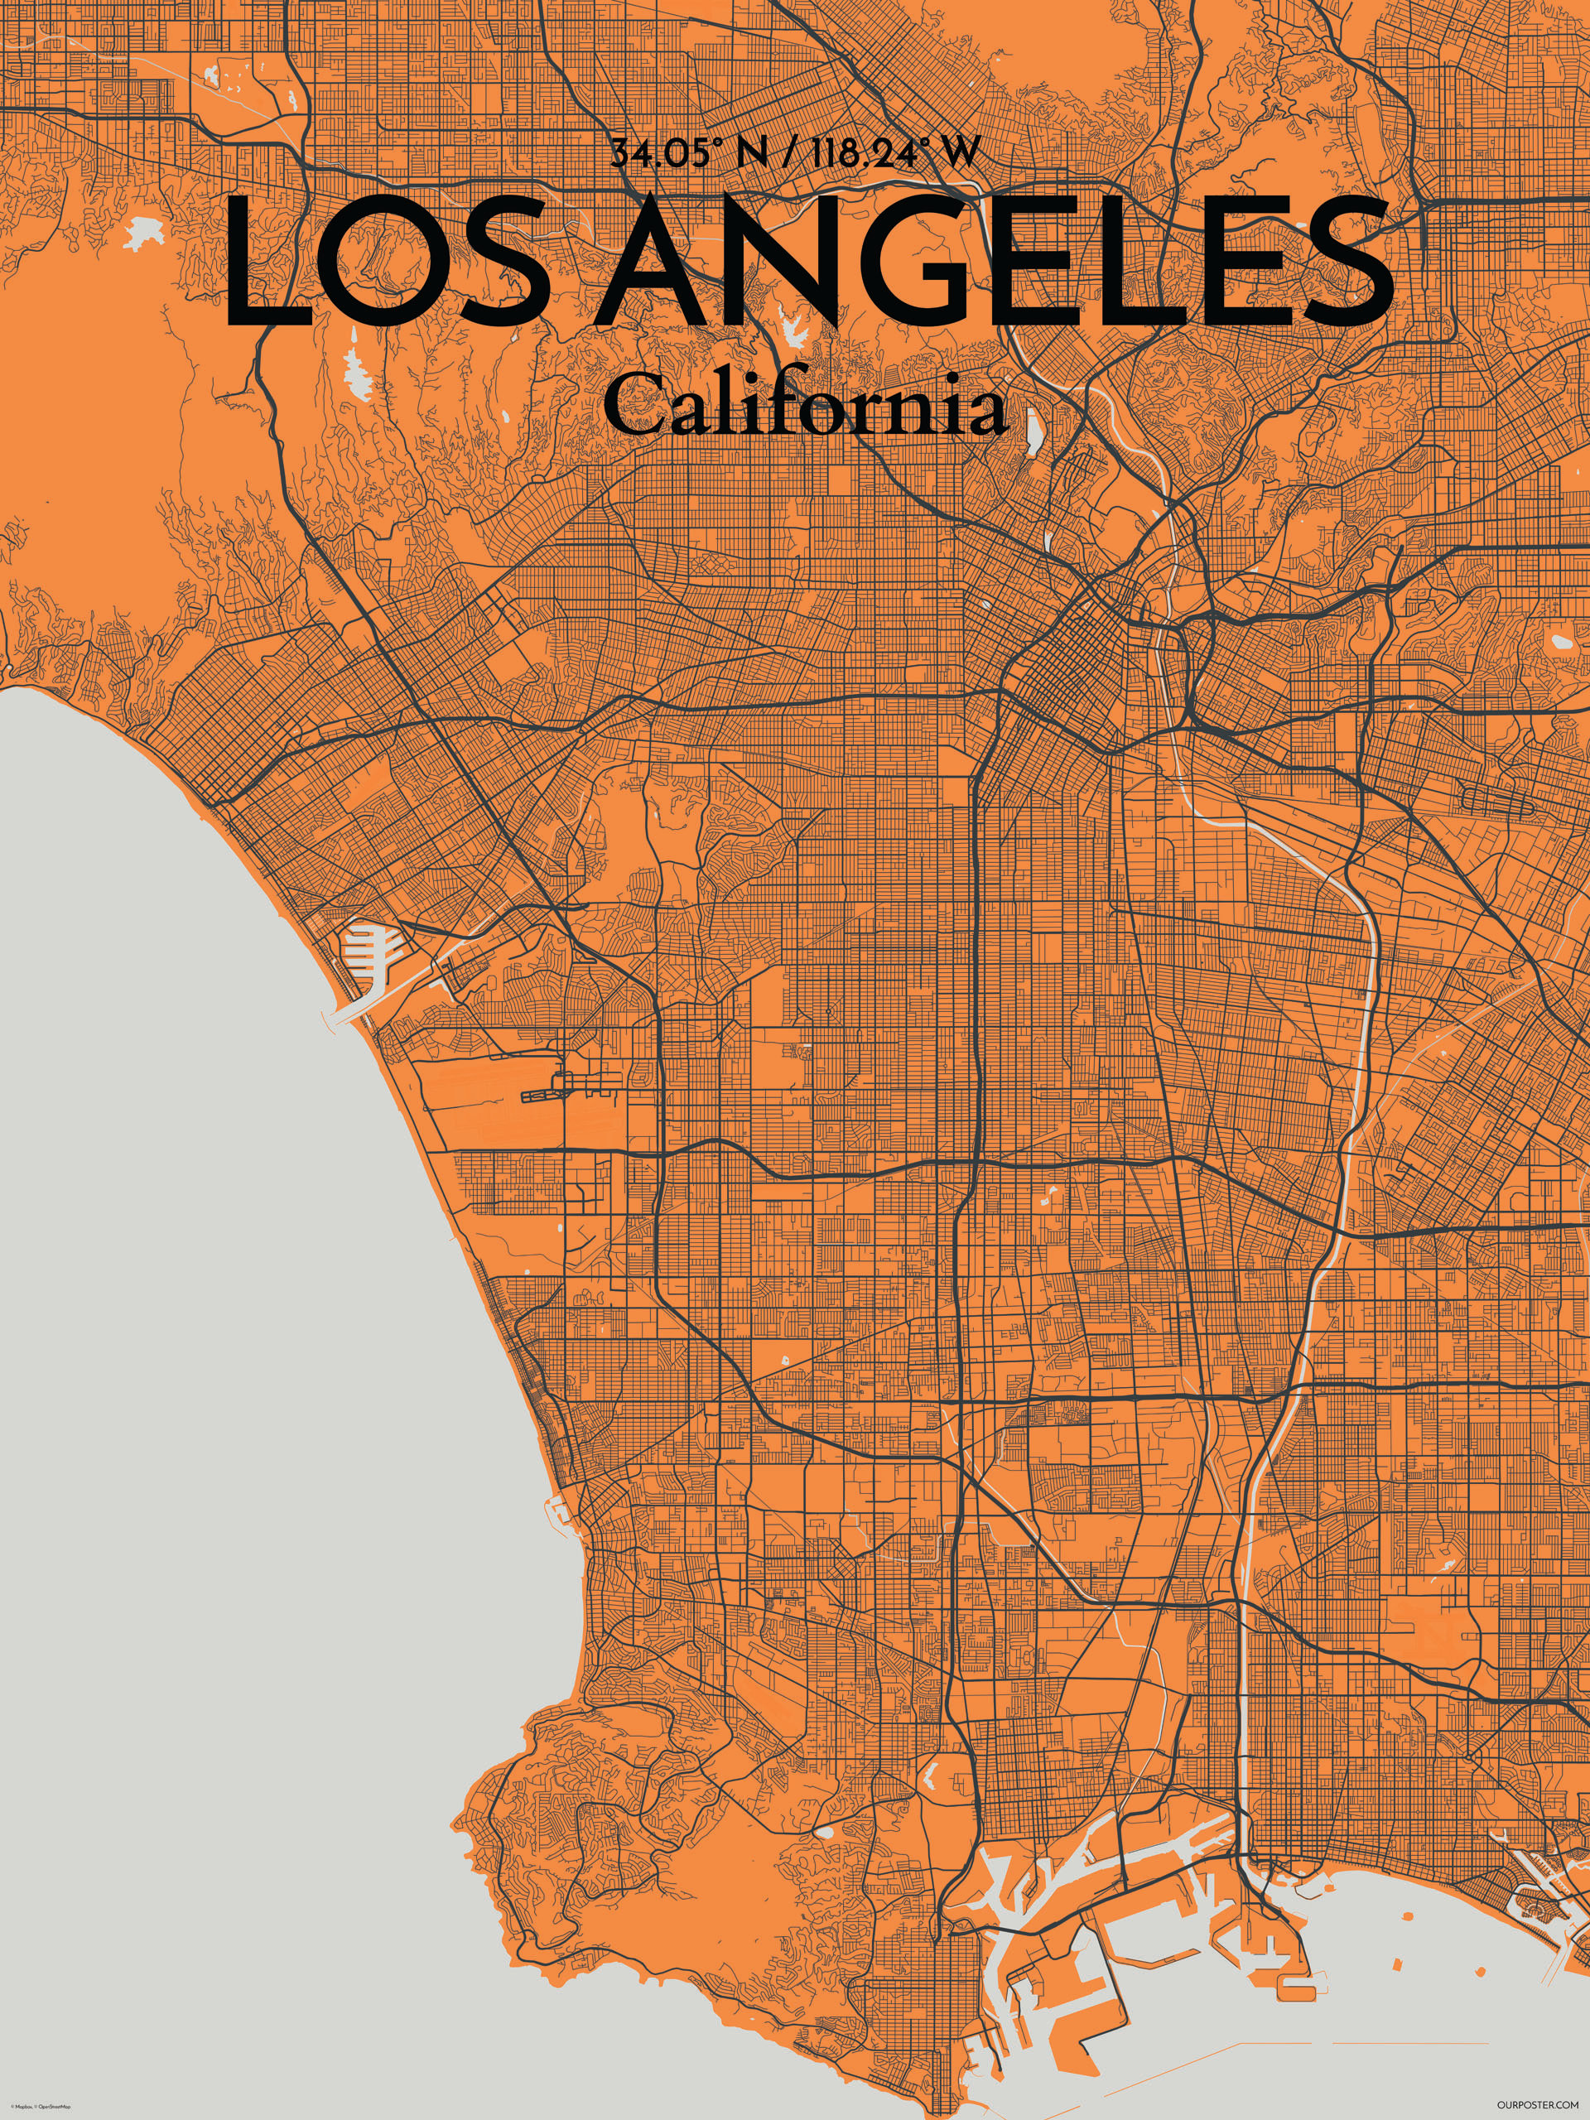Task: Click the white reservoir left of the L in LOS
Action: pos(144,231)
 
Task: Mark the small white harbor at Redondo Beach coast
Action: pos(559,1510)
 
